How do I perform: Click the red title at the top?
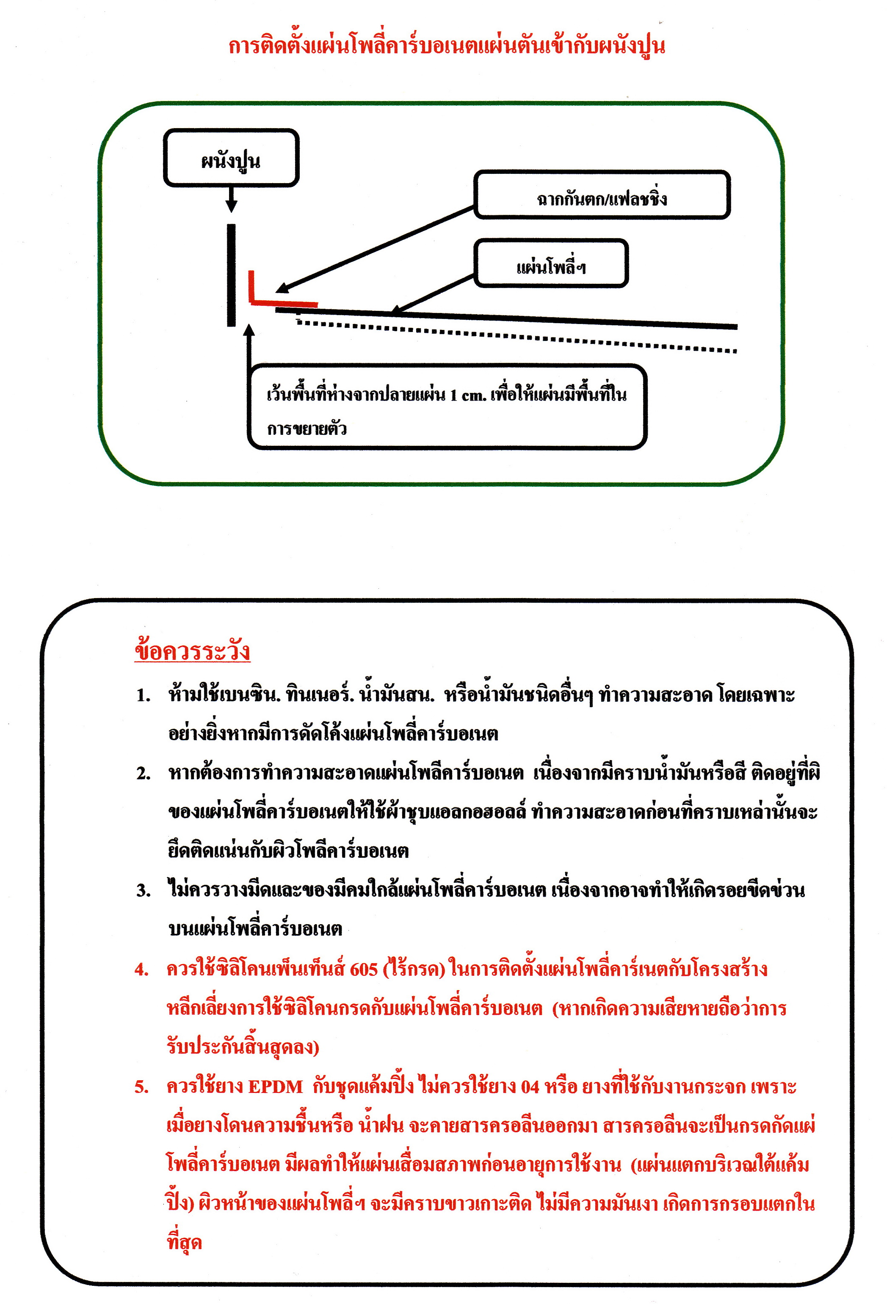446,47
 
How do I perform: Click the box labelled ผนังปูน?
231,158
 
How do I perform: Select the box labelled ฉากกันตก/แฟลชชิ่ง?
602,195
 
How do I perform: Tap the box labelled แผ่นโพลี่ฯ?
551,264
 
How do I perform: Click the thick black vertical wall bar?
231,275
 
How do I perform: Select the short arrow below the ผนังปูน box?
231,199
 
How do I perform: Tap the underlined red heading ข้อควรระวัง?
192,651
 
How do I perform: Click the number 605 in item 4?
363,969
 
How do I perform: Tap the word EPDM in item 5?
275,1087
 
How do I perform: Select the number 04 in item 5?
530,1087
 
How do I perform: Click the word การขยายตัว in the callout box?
307,429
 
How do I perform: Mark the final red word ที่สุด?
184,1242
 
